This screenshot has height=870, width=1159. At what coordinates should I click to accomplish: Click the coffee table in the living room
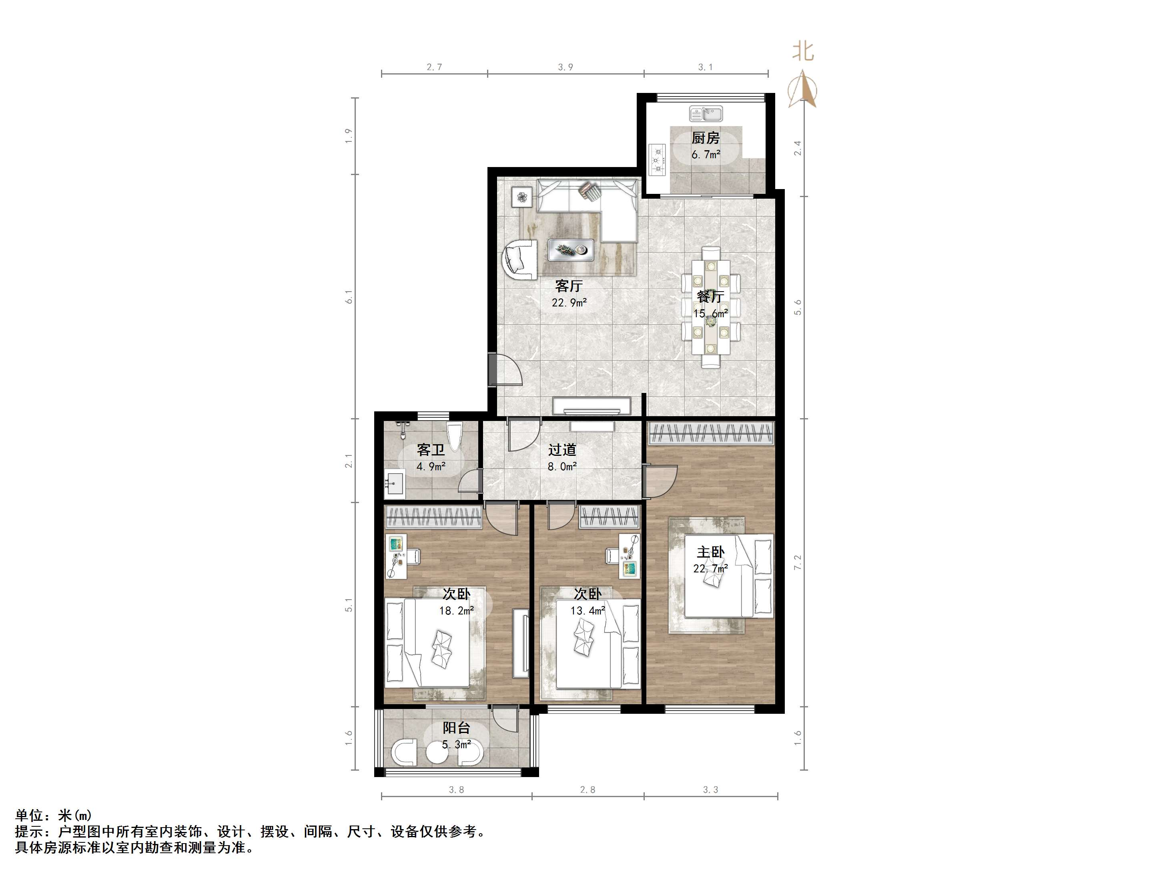tap(571, 250)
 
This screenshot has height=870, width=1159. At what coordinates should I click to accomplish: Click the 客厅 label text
tap(569, 286)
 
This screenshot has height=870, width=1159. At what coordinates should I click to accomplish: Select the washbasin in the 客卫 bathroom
tap(394, 484)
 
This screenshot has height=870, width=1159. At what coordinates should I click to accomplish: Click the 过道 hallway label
tap(562, 449)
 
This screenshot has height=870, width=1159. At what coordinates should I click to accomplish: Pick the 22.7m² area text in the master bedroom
tap(710, 568)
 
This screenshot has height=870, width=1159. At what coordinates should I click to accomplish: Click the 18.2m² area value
tap(456, 610)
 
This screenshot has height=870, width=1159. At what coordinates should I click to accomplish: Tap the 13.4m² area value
tap(588, 610)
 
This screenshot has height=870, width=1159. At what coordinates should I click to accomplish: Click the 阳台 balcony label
tap(456, 728)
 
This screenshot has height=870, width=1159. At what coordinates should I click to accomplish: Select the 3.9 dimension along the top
tap(565, 67)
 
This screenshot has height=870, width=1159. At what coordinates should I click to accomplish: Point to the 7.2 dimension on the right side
tap(798, 562)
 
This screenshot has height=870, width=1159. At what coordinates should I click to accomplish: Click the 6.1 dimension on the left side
tap(349, 296)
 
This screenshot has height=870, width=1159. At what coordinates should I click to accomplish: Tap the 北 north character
tap(803, 51)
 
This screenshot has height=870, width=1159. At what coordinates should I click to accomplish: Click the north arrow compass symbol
tap(803, 89)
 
